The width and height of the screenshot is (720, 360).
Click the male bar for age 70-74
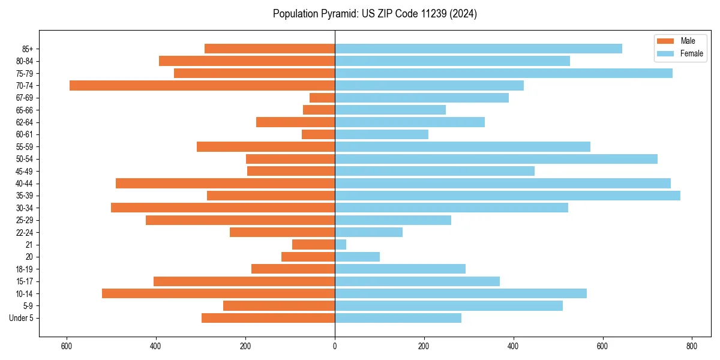pyautogui.click(x=202, y=85)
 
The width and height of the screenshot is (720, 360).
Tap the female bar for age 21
pyautogui.click(x=340, y=245)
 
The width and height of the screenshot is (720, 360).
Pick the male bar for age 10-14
pyautogui.click(x=218, y=293)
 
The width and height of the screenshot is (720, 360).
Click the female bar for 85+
pyautogui.click(x=478, y=49)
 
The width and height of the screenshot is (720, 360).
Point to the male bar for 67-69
pyautogui.click(x=322, y=98)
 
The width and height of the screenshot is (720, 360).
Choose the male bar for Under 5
pyautogui.click(x=268, y=318)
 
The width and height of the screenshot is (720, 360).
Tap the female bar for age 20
pyautogui.click(x=357, y=257)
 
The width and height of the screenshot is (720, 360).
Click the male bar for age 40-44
pyautogui.click(x=225, y=184)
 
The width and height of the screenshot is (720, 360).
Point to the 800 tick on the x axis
pyautogui.click(x=692, y=346)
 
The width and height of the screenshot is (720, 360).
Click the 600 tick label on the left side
pyautogui.click(x=67, y=346)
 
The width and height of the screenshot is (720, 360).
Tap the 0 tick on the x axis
pyautogui.click(x=335, y=346)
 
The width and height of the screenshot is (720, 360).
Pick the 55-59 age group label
pyautogui.click(x=25, y=147)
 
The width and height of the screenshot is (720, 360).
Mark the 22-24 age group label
pyautogui.click(x=25, y=233)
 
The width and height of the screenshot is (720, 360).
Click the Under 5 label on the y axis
pyautogui.click(x=22, y=318)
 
